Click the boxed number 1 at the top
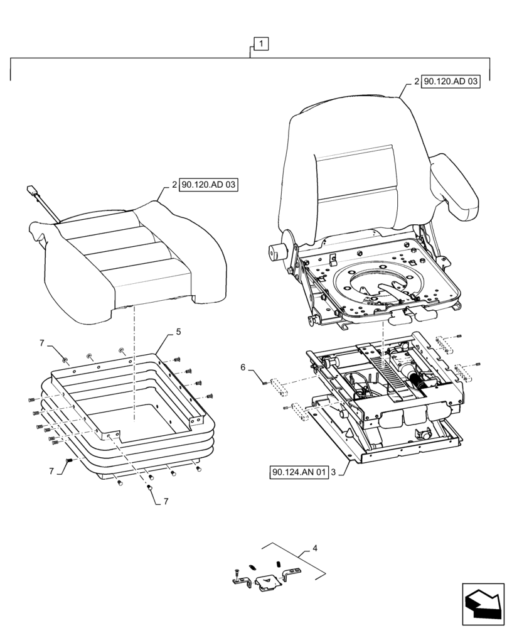click(x=261, y=43)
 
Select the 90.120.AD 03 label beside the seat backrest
click(x=451, y=82)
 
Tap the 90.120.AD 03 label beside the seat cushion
click(x=209, y=185)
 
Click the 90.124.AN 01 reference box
click(x=300, y=472)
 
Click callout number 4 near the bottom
click(x=315, y=548)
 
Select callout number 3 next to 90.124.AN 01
click(x=333, y=472)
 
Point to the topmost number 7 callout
click(x=42, y=344)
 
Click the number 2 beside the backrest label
click(x=416, y=82)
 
